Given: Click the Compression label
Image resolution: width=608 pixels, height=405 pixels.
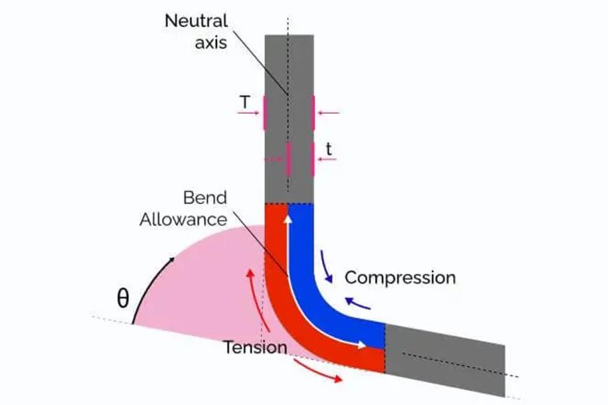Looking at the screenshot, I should pyautogui.click(x=400, y=278).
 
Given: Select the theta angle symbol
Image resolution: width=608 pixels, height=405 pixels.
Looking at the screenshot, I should pyautogui.click(x=122, y=299).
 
